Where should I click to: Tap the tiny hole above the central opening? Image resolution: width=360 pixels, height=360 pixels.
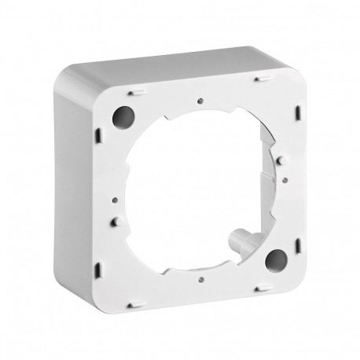[x=202, y=100]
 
